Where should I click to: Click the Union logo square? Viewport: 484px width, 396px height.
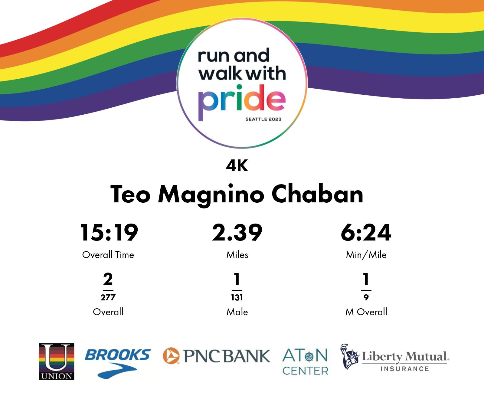tap(56, 361)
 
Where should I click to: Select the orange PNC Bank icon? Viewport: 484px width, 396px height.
tap(171, 355)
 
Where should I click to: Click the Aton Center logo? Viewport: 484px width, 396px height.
tap(305, 362)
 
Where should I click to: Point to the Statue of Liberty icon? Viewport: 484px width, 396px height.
tap(349, 356)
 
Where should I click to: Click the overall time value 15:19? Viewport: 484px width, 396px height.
tap(109, 233)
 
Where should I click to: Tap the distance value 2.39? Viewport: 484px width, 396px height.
tap(237, 233)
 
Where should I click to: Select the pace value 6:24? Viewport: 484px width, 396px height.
tap(366, 233)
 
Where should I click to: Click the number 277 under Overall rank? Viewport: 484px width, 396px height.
tap(108, 297)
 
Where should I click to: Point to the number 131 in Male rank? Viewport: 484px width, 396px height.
tap(237, 297)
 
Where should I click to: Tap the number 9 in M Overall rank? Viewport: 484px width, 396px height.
tap(366, 297)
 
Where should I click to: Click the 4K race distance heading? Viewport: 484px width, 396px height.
tap(237, 165)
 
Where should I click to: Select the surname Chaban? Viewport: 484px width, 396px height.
tap(317, 194)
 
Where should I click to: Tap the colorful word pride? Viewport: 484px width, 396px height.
tap(242, 102)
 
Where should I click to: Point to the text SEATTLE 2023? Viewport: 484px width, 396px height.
tap(263, 119)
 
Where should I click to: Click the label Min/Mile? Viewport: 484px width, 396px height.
tap(366, 255)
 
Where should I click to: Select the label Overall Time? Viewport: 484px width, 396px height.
tap(108, 255)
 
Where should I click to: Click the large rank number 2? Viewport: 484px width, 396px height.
tap(108, 279)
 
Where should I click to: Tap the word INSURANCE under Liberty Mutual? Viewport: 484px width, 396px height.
tap(405, 369)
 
